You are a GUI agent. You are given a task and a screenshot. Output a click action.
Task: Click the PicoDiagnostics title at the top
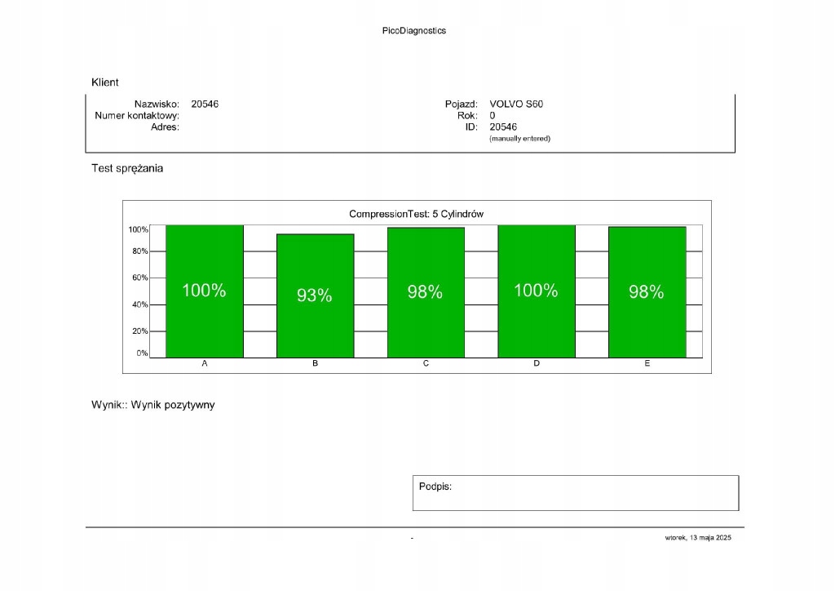tap(414, 31)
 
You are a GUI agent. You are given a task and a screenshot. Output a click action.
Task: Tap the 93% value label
tap(315, 295)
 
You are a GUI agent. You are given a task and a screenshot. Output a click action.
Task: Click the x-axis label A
tap(204, 363)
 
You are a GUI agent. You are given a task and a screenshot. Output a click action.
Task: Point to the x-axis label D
tap(537, 363)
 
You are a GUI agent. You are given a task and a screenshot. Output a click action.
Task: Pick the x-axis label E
tap(647, 363)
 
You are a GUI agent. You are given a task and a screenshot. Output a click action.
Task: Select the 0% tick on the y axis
tap(142, 353)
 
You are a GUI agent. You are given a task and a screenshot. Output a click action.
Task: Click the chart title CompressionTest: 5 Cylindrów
tap(417, 214)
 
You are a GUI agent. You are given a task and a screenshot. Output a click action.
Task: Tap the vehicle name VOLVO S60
tap(516, 104)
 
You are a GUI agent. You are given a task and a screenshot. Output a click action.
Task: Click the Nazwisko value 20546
tap(205, 104)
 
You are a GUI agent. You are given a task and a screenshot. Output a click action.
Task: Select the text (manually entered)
tap(519, 139)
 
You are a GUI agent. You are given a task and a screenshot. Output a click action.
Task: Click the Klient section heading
tap(105, 82)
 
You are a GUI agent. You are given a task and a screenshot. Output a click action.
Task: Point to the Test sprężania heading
tap(127, 169)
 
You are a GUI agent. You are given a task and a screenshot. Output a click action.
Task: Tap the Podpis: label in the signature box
tap(435, 487)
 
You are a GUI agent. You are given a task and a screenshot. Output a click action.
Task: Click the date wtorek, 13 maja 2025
tap(699, 538)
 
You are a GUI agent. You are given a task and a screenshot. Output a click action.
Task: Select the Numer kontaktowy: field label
tap(137, 116)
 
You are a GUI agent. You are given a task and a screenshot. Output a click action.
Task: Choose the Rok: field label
tap(467, 116)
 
